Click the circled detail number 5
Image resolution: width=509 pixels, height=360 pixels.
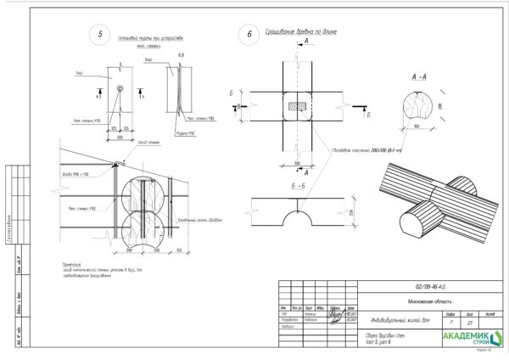click(101, 35)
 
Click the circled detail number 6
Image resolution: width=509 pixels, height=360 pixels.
click(249, 36)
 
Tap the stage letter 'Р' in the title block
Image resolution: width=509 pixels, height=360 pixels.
click(450, 323)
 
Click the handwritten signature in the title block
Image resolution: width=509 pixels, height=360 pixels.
click(336, 316)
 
